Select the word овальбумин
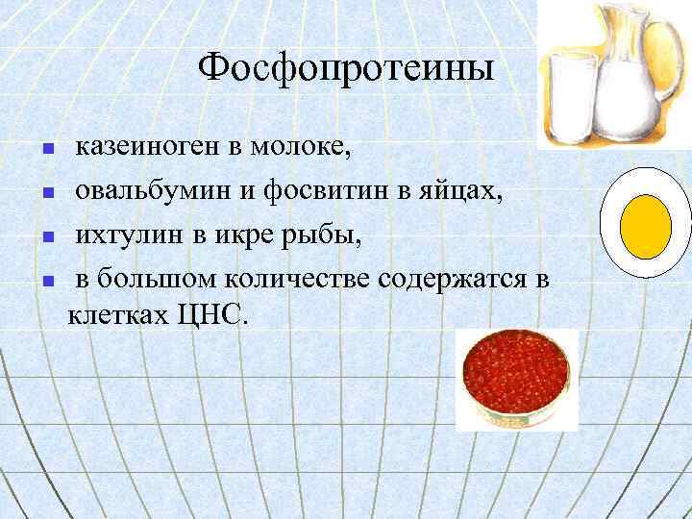coord(154,191)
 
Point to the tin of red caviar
coord(517,378)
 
